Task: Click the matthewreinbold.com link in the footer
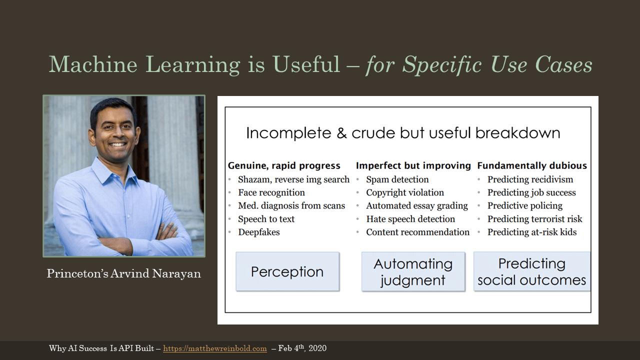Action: tap(215, 348)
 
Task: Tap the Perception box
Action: tap(287, 271)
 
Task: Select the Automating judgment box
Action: tap(413, 271)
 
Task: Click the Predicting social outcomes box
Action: tap(531, 271)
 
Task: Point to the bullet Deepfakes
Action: tap(259, 232)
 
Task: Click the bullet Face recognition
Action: tap(271, 192)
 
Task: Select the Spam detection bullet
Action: tap(397, 179)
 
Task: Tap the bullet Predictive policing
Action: tap(525, 205)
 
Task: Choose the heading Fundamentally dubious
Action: tap(532, 165)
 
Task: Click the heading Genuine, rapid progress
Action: tap(284, 165)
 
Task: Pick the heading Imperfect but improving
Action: tap(413, 165)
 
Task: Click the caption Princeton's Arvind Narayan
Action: tap(123, 273)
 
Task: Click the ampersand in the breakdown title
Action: tap(341, 133)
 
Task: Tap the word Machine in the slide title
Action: tap(93, 64)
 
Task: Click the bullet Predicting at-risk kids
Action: tap(532, 232)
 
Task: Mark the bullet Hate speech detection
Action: tap(410, 219)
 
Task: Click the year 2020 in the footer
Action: tap(317, 348)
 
